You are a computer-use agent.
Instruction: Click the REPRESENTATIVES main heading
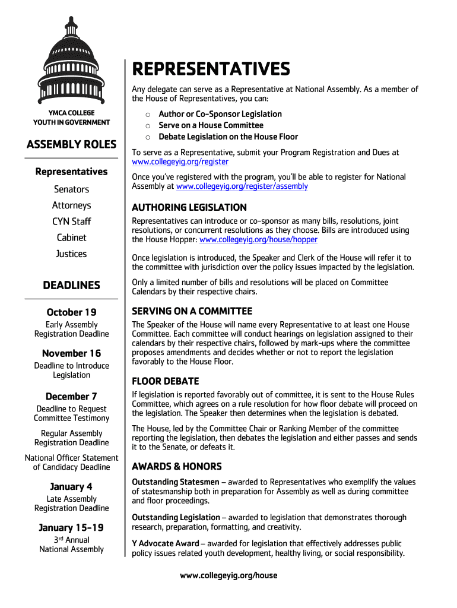[x=211, y=69]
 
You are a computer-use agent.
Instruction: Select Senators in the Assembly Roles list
[x=71, y=189]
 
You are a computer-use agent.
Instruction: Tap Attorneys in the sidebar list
[x=71, y=205]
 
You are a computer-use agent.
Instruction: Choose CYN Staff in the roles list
[x=71, y=221]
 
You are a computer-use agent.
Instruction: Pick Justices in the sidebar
[x=71, y=254]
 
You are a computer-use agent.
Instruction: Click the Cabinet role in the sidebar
[x=71, y=237]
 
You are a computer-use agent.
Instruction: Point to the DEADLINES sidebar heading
[x=71, y=286]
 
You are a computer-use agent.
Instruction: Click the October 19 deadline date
[x=71, y=312]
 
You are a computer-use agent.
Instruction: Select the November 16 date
[x=71, y=353]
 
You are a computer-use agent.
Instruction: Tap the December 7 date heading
[x=71, y=397]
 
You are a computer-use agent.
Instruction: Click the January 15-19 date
[x=71, y=528]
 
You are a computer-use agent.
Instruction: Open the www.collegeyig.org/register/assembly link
[x=242, y=186]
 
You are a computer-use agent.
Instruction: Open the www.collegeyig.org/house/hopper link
[x=258, y=240]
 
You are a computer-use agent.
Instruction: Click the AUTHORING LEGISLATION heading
[x=189, y=208]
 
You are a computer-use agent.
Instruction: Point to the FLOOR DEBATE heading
[x=165, y=381]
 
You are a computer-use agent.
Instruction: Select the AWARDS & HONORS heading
[x=176, y=467]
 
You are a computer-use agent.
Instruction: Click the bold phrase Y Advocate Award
[x=165, y=544]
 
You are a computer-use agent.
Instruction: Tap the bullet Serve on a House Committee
[x=211, y=125]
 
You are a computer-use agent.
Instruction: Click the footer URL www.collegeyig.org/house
[x=228, y=575]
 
